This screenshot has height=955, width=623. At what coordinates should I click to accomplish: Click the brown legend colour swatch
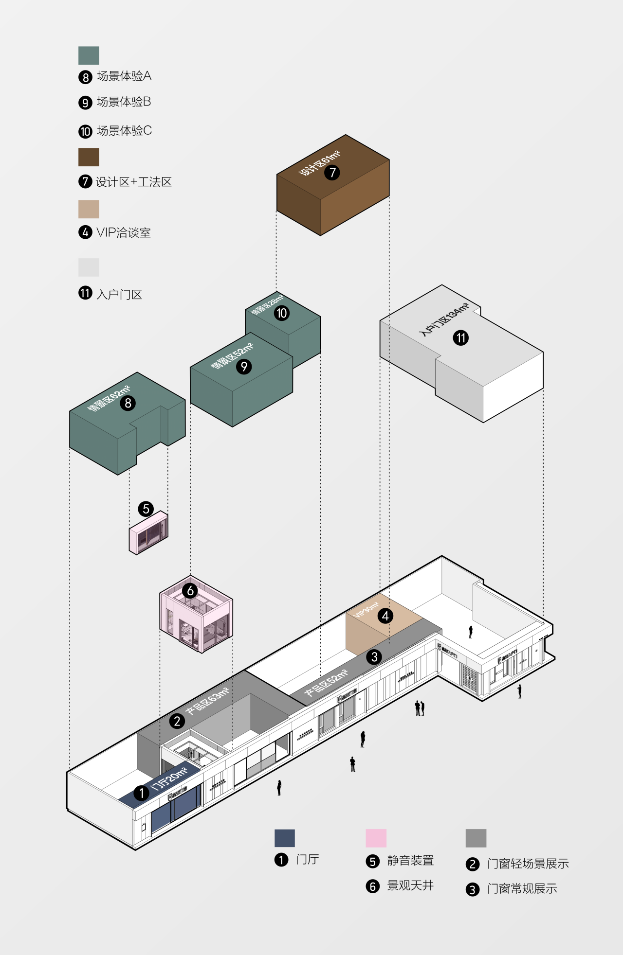89,157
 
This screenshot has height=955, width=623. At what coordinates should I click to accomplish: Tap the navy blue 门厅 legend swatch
285,838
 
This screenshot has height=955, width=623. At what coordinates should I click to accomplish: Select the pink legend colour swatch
376,838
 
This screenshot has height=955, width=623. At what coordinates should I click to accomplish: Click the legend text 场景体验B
124,102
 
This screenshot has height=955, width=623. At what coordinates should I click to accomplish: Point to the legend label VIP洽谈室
124,232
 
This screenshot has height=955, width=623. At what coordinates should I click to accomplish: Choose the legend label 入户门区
119,294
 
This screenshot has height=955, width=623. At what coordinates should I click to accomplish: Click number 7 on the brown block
332,173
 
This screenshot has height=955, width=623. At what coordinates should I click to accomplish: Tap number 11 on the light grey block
460,337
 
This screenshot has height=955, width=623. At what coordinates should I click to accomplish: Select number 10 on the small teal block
282,313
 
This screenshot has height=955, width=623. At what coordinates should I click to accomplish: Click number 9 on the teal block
244,366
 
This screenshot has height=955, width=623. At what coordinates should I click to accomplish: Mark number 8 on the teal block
128,403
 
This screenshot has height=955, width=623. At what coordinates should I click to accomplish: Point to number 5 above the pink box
146,509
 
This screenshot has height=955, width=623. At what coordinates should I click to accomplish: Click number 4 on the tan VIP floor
385,616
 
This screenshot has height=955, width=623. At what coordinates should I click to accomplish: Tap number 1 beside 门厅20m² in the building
142,793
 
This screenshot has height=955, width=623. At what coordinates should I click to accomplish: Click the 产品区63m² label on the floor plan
207,701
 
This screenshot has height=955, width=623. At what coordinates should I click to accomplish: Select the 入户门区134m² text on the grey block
444,319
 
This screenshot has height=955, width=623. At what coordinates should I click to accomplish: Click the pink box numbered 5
148,534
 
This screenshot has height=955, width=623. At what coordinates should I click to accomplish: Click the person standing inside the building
471,632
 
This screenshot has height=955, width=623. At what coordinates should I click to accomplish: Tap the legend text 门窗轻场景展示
528,864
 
